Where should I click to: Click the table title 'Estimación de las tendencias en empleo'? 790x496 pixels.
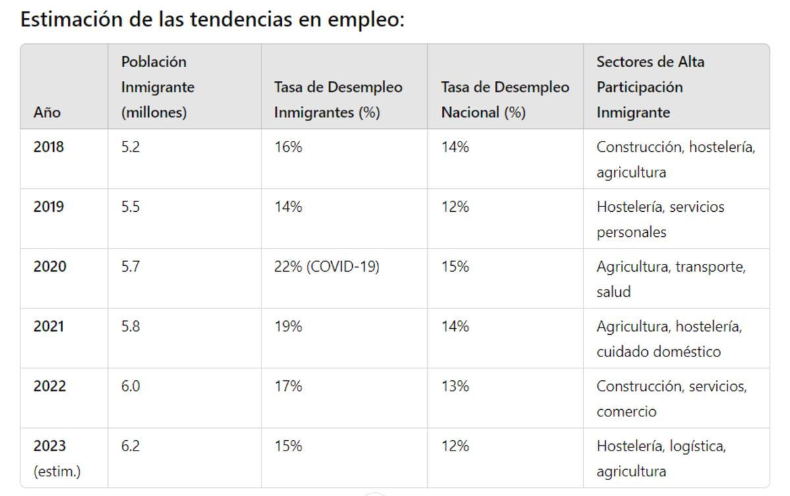(x=212, y=20)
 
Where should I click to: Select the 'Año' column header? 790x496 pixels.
(x=47, y=112)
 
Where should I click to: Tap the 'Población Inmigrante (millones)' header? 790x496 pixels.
(x=158, y=87)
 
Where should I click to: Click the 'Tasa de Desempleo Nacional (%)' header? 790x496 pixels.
(x=505, y=99)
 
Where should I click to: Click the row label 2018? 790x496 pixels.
(x=49, y=147)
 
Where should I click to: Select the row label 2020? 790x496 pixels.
(x=50, y=266)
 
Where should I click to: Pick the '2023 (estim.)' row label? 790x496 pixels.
(x=57, y=459)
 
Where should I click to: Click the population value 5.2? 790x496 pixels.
(x=130, y=147)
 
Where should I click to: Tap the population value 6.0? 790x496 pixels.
(x=130, y=386)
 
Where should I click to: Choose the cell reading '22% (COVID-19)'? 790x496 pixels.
(x=327, y=266)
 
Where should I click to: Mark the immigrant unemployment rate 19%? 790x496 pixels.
(x=288, y=326)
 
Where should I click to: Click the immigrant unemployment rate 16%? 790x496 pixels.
(x=288, y=147)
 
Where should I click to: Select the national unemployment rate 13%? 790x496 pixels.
(x=455, y=386)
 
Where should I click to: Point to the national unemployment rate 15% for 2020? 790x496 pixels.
(x=455, y=266)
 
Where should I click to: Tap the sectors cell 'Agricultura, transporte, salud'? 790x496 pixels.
(x=671, y=279)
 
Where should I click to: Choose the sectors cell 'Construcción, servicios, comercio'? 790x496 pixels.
(x=671, y=399)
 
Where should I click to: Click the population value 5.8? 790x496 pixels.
(x=130, y=326)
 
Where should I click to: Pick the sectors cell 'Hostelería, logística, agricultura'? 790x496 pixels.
(x=661, y=459)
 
